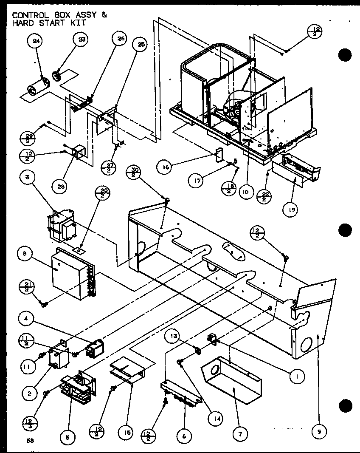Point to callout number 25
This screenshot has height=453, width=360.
pyautogui.click(x=138, y=44)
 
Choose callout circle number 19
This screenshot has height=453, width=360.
pyautogui.click(x=293, y=209)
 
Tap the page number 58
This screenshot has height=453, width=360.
pyautogui.click(x=29, y=441)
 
